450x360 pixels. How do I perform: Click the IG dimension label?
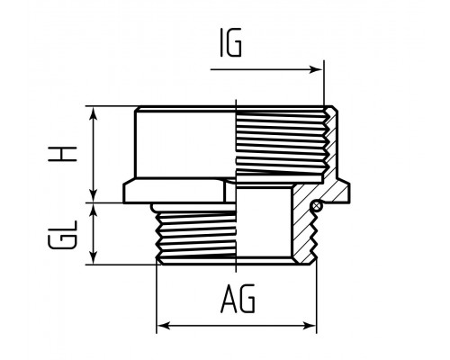coord(230,42)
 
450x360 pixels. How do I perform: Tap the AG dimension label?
coord(238,298)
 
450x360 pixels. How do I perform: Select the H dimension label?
coord(62,154)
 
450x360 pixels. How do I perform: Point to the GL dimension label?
coord(62,235)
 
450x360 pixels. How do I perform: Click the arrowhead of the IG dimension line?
coord(316,69)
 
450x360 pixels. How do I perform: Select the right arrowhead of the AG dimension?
coord(310,326)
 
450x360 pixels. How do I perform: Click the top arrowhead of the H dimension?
coord(94,113)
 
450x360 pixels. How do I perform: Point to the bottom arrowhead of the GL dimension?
coord(94,257)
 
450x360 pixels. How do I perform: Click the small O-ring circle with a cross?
coord(317,206)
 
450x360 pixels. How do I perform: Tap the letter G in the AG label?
coord(247,298)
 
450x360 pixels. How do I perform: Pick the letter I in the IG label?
coord(221,42)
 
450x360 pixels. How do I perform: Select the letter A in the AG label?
coord(229,298)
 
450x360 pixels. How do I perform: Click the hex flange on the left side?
coord(174,191)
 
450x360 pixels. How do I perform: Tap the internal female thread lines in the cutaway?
coord(281,144)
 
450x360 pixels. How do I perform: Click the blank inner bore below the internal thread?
coord(264,222)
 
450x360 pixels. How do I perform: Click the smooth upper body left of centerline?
coord(185,144)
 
